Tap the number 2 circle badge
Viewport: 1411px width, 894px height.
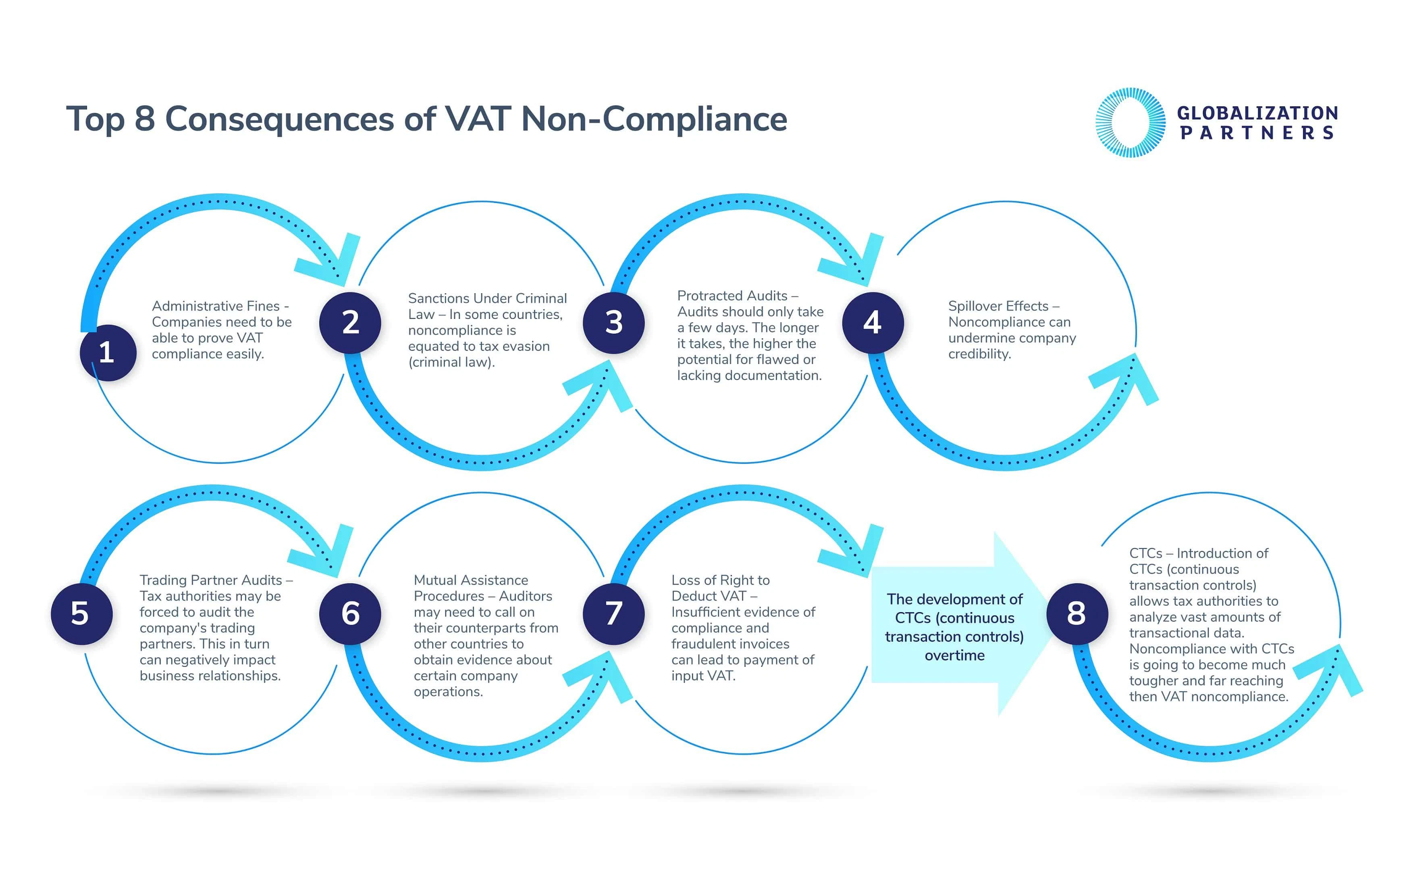pyautogui.click(x=350, y=323)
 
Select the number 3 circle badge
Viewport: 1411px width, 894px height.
pyautogui.click(x=613, y=323)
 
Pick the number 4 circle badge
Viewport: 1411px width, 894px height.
pyautogui.click(x=873, y=323)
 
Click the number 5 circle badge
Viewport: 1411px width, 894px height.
pyautogui.click(x=81, y=614)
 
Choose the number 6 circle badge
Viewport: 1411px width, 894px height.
pyautogui.click(x=350, y=614)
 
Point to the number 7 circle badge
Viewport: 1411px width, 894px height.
pyautogui.click(x=613, y=614)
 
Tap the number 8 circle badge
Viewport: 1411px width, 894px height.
pyautogui.click(x=1076, y=614)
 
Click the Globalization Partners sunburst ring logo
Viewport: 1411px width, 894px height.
pyautogui.click(x=1130, y=122)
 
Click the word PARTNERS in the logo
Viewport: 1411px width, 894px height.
pyautogui.click(x=1257, y=133)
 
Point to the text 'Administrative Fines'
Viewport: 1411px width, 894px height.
pyautogui.click(x=216, y=306)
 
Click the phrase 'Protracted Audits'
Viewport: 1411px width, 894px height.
pyautogui.click(x=732, y=296)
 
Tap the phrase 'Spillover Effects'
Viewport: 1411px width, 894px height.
pyautogui.click(x=998, y=306)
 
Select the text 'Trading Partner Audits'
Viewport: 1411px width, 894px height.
pyautogui.click(x=211, y=580)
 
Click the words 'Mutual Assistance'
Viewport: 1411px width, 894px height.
pyautogui.click(x=470, y=580)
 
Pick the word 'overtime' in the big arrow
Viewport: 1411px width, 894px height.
pyautogui.click(x=954, y=655)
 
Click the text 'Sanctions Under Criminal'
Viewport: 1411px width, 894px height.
pyautogui.click(x=487, y=298)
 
